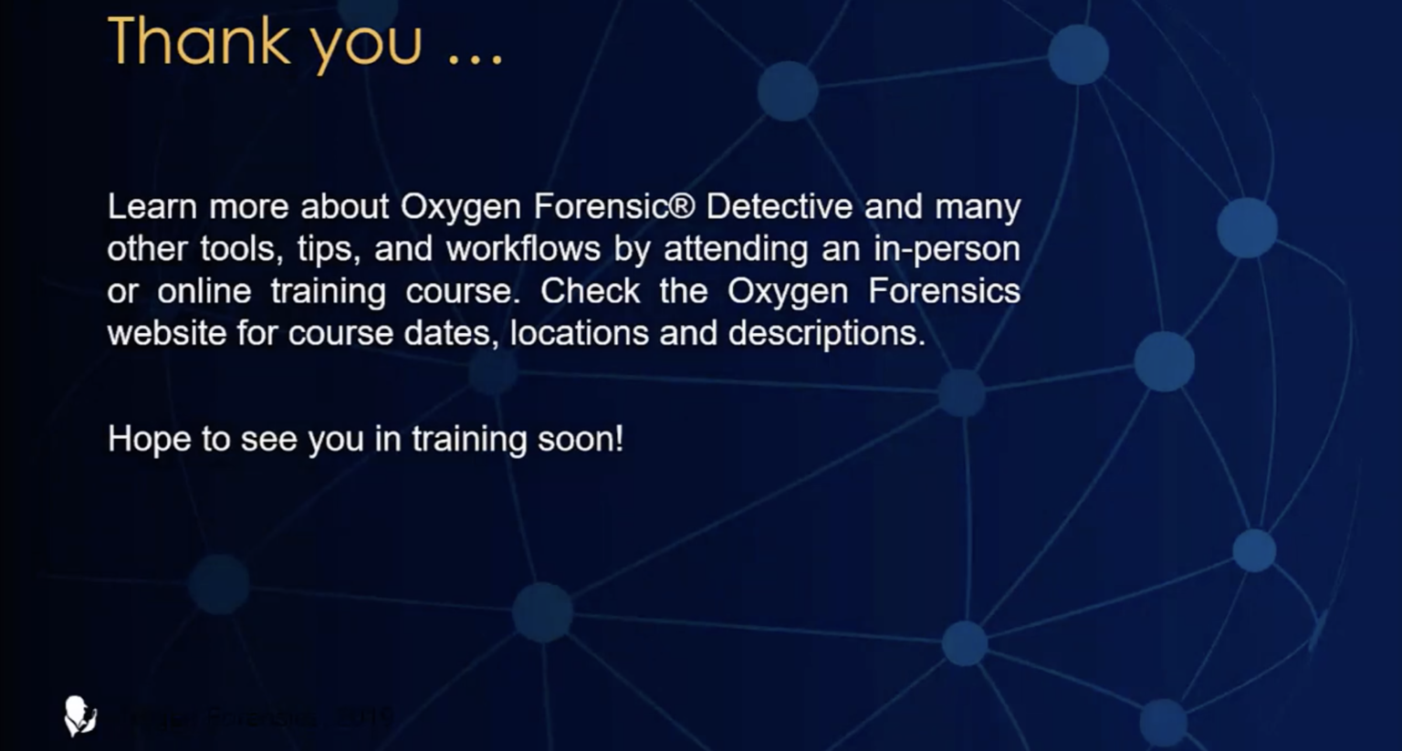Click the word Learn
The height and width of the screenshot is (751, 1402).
pyautogui.click(x=152, y=207)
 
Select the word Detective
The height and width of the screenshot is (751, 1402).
pyautogui.click(x=779, y=207)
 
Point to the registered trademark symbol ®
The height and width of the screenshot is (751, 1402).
pyautogui.click(x=682, y=205)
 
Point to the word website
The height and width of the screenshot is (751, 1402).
pyautogui.click(x=167, y=334)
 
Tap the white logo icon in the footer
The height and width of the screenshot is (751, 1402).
pyautogui.click(x=80, y=715)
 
